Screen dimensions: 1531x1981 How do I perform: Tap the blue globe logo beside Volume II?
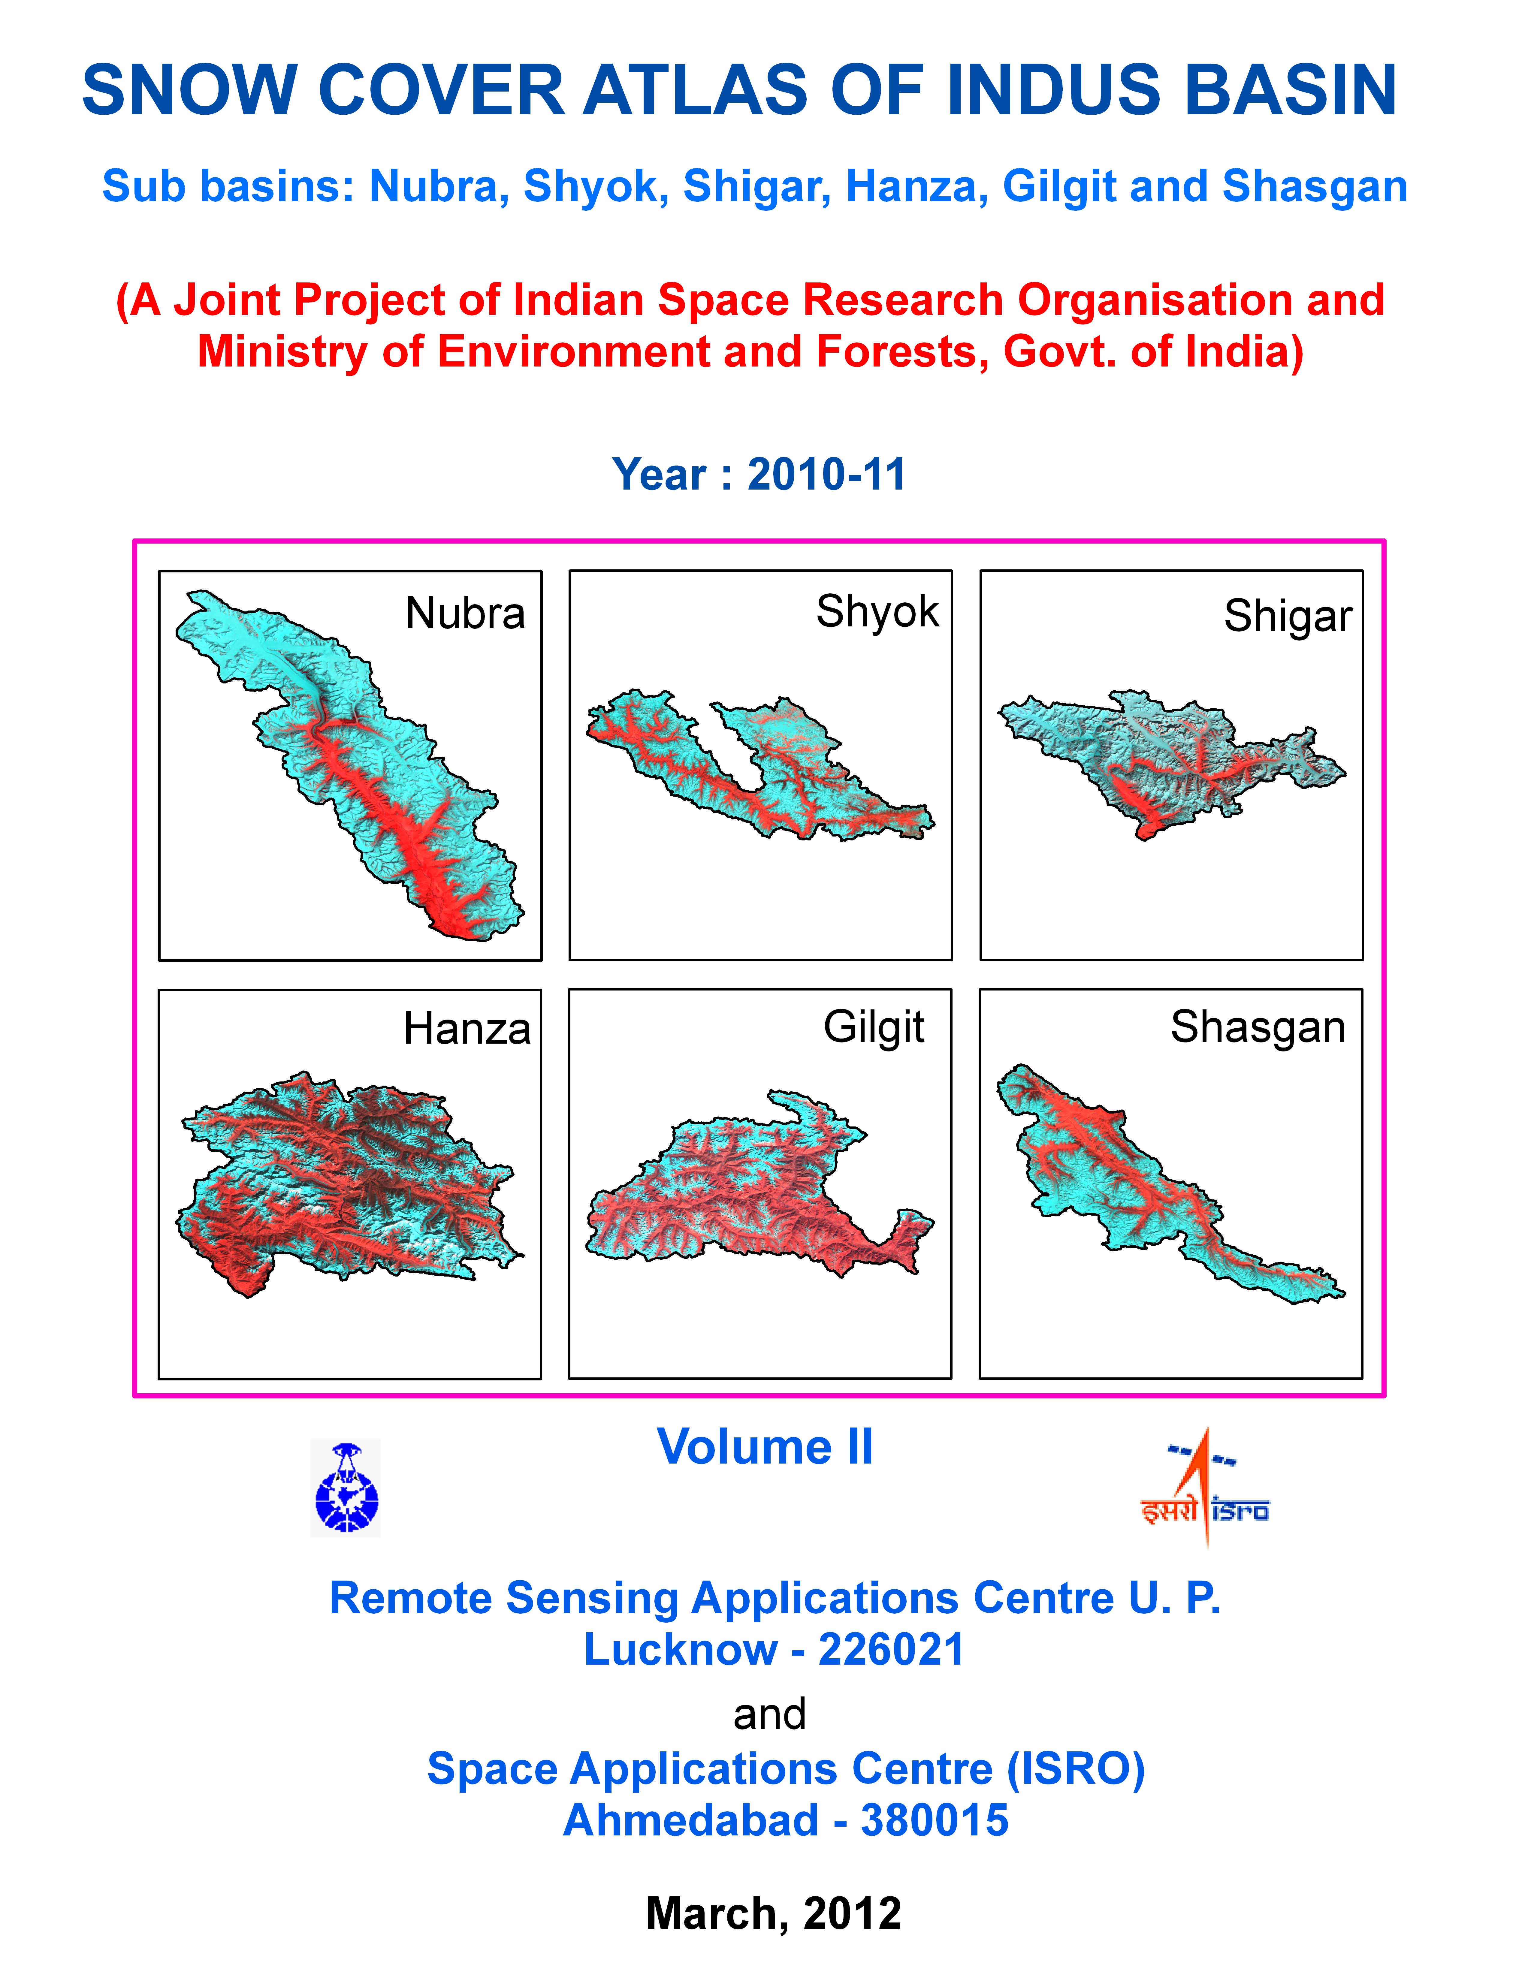pyautogui.click(x=346, y=1488)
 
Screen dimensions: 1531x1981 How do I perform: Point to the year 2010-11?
pyautogui.click(x=826, y=474)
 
